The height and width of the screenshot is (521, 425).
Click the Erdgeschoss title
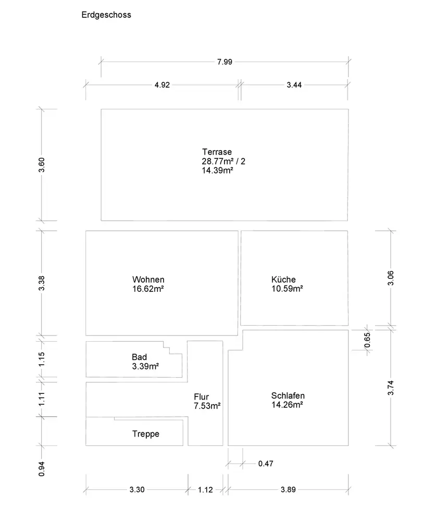pos(106,15)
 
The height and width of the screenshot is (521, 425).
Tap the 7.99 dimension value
pos(224,62)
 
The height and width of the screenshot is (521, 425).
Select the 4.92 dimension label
pos(162,85)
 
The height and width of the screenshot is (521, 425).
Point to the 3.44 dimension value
pos(294,85)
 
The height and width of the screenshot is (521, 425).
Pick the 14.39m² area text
pos(217,170)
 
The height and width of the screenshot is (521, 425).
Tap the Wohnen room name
pos(148,279)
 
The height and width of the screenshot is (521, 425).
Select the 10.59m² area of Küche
pos(287,289)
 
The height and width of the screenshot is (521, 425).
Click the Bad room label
pos(140,357)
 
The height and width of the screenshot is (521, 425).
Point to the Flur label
pos(202,397)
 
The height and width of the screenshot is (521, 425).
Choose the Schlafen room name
pos(288,395)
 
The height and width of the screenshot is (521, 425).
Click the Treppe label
pos(146,434)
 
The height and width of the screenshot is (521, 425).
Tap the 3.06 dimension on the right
pos(391,278)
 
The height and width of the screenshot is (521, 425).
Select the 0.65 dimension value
pos(368,340)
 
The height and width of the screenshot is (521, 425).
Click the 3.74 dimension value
pos(391,388)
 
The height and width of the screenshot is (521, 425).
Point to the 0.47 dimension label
pos(266,464)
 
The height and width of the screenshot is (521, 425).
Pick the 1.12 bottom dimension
pos(206,490)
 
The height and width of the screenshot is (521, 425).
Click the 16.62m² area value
pos(148,289)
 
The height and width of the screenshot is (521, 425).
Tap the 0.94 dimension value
pos(43,469)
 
